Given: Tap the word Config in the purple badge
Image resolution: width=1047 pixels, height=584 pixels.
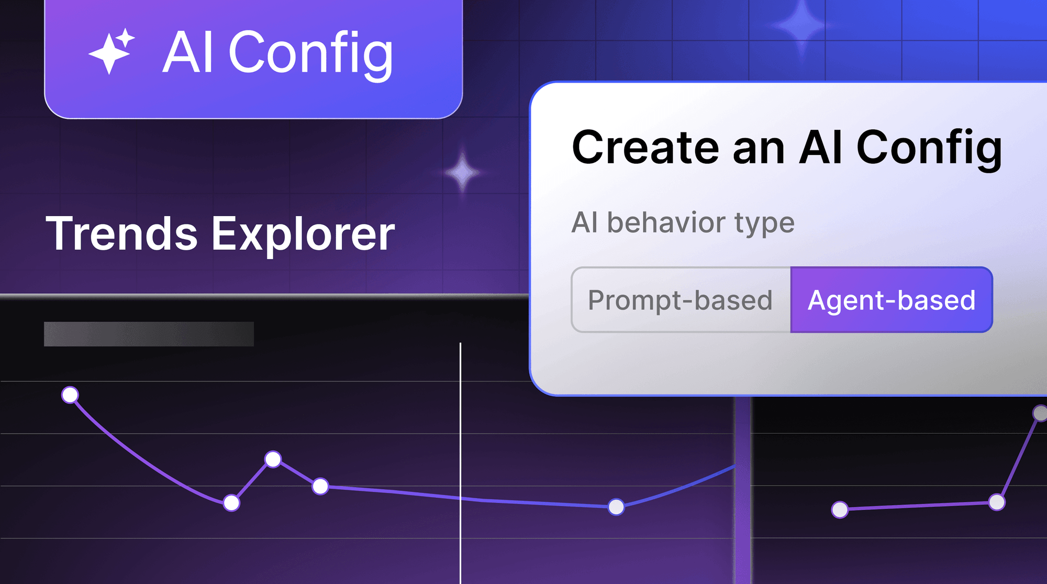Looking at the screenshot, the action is (x=311, y=54).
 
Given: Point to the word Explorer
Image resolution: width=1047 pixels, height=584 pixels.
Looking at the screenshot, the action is (x=303, y=235).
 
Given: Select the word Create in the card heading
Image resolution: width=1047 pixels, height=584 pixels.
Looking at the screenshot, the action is (x=645, y=148).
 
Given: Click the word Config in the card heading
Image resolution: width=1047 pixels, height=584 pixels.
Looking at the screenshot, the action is (x=929, y=149).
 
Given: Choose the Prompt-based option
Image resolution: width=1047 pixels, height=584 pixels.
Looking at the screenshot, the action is (x=681, y=300).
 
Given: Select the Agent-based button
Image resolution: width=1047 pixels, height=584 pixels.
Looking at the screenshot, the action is (x=892, y=300).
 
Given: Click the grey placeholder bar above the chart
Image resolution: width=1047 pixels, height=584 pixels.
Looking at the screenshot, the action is (x=149, y=334).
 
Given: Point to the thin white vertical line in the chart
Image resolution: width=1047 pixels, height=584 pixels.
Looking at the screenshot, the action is (x=461, y=463).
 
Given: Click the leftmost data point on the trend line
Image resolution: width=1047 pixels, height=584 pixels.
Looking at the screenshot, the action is (x=70, y=395).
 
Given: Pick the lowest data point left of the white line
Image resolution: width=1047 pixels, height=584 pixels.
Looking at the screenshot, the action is (x=231, y=503).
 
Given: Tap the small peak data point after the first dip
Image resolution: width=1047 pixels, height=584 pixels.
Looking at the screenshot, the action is (x=273, y=459).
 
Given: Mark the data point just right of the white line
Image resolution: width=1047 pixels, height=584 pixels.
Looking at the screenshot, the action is (x=616, y=507).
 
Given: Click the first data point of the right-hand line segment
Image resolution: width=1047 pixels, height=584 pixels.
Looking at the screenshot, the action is (x=840, y=509).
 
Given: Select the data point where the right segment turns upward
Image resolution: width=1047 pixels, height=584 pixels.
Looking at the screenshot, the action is (x=997, y=502).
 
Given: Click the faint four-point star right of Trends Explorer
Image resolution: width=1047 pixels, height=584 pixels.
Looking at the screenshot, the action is (x=462, y=172).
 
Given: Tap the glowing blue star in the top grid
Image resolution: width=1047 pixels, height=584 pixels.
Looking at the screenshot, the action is (x=801, y=25).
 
